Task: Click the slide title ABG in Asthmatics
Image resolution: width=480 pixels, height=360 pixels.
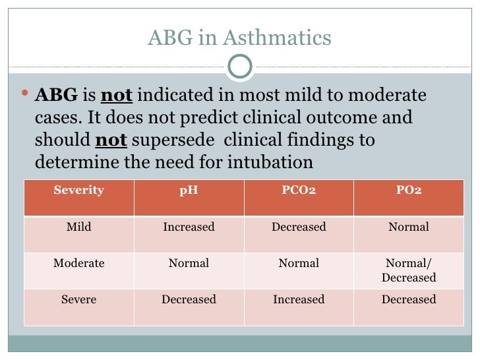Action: [x=239, y=38]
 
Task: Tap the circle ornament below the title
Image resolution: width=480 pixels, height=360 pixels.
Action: [x=239, y=66]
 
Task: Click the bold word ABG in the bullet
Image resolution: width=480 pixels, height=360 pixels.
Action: [x=56, y=96]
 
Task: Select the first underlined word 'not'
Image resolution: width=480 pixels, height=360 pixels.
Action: [x=117, y=96]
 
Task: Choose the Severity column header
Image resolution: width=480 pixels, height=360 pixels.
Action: [x=78, y=191]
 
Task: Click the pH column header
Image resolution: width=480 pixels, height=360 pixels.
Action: [x=189, y=191]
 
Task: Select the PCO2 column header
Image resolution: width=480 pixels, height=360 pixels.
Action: [x=299, y=191]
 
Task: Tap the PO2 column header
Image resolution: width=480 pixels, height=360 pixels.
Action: [x=409, y=191]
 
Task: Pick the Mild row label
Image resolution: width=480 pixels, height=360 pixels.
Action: [x=78, y=227]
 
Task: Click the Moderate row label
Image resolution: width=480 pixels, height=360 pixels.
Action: [x=78, y=263]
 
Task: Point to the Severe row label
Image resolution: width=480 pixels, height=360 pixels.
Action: [x=78, y=299]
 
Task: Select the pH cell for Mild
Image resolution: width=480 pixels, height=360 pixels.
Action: [x=189, y=227]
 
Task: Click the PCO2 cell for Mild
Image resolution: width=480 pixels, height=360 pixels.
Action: [x=299, y=227]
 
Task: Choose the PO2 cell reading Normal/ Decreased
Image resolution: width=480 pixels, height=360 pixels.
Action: [x=409, y=270]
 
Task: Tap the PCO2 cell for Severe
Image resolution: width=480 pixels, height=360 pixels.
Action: [x=299, y=299]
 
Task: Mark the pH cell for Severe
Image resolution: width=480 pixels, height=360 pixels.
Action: [x=189, y=299]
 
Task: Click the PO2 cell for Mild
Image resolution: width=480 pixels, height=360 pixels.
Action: [x=409, y=227]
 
